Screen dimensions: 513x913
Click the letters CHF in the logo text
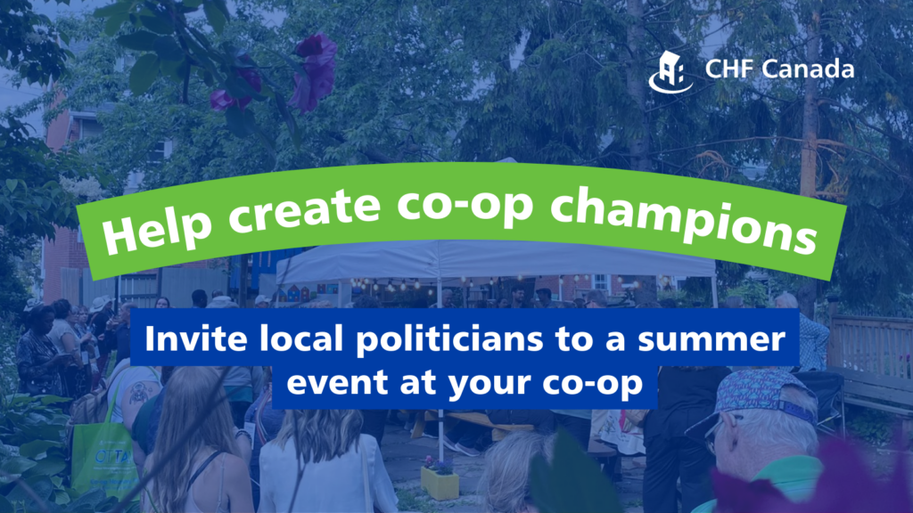[724, 69]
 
